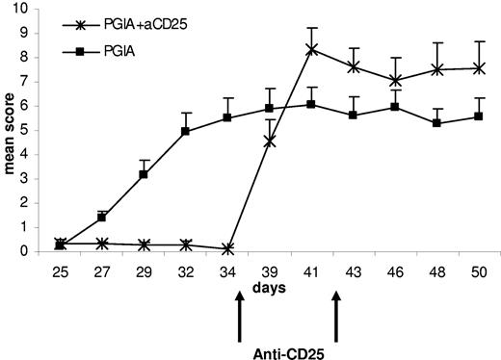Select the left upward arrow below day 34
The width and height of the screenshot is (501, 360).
tap(238, 318)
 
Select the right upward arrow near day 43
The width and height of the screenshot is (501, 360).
tap(336, 318)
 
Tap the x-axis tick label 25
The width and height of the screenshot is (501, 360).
tap(61, 270)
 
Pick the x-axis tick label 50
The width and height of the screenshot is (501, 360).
tap(479, 270)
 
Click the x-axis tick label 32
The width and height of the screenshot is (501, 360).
tap(186, 270)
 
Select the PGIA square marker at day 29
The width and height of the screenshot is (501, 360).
tap(144, 174)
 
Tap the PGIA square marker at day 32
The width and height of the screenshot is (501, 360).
tap(186, 131)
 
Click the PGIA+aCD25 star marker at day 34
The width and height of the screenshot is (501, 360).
tap(227, 248)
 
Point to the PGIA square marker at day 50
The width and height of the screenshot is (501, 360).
tap(479, 116)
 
